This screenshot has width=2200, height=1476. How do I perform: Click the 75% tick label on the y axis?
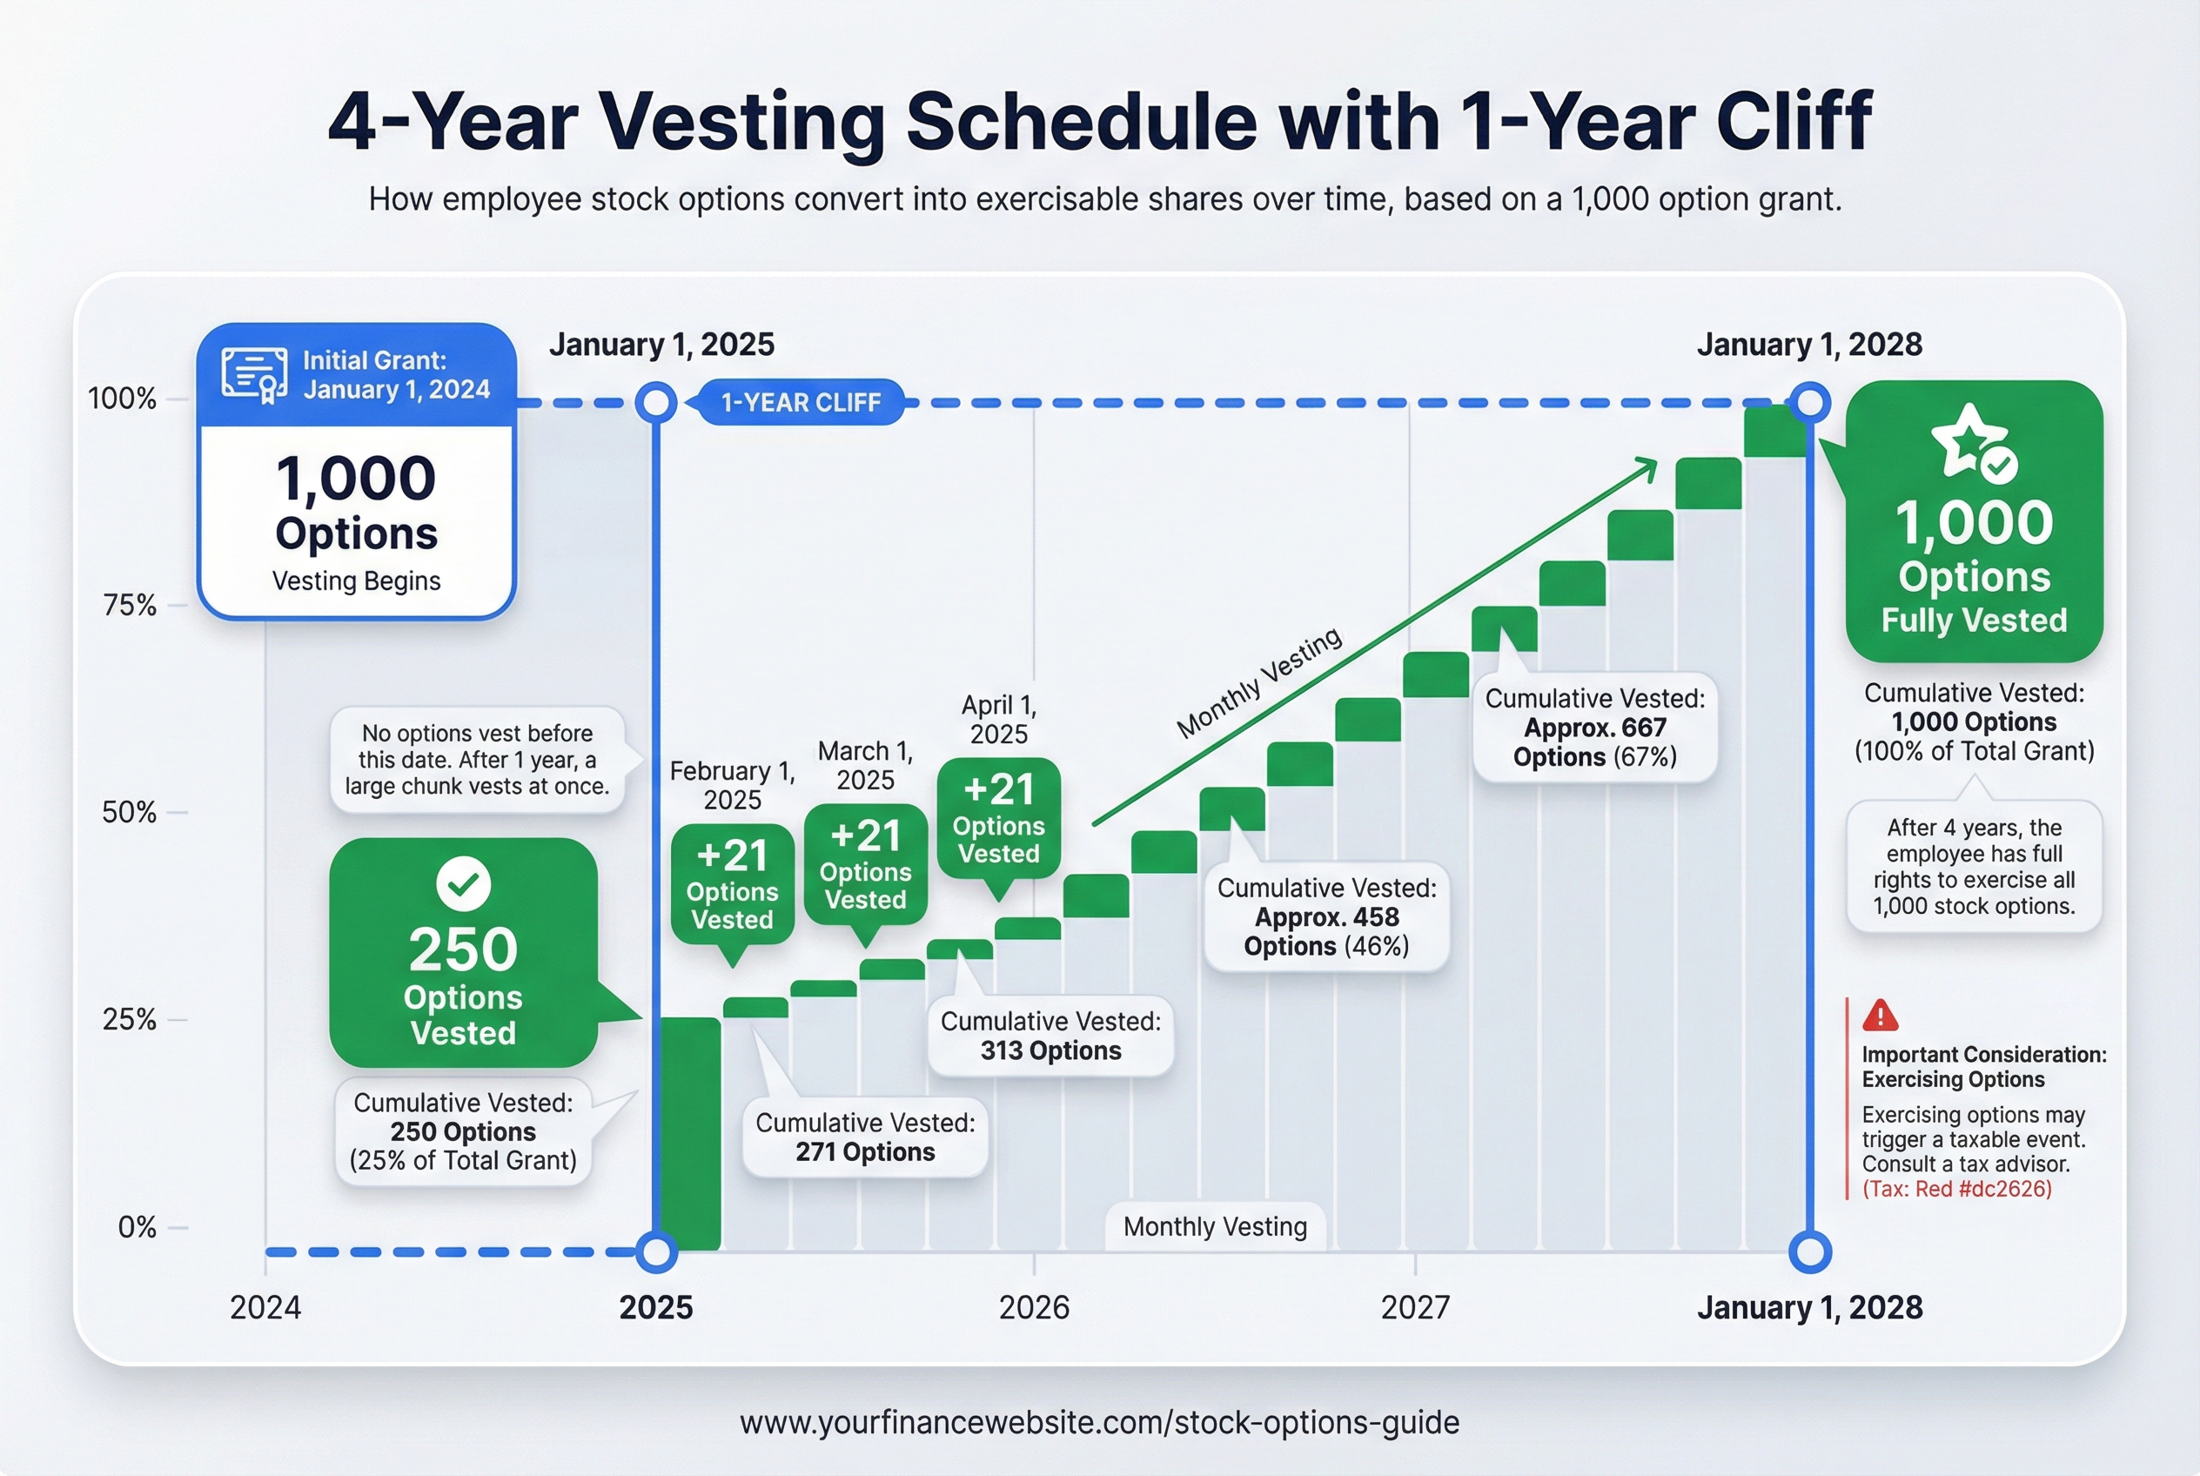(x=129, y=604)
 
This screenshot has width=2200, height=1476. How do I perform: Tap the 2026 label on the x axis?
(x=1034, y=1307)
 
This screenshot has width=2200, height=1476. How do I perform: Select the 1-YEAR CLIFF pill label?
(x=800, y=403)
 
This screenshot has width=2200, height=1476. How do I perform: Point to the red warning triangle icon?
(x=1880, y=1016)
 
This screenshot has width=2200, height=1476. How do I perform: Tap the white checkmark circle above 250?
(x=463, y=884)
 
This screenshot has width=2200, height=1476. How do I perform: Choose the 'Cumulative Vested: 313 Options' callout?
(x=1050, y=1036)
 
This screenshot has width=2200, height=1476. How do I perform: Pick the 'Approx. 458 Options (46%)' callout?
(x=1326, y=917)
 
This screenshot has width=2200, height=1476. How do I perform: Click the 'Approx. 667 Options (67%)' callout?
(x=1594, y=728)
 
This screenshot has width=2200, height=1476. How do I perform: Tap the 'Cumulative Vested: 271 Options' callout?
(x=865, y=1137)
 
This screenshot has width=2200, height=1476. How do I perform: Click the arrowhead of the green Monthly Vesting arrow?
(x=1647, y=465)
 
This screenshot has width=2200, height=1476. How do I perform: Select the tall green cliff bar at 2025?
(x=690, y=1134)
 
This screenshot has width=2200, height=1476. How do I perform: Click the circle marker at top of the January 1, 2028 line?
(x=1809, y=403)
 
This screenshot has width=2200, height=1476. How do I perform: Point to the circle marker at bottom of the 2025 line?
(x=656, y=1252)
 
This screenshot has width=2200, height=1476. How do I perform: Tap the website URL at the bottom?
(x=1099, y=1422)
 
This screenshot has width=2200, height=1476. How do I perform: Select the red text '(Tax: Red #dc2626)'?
(x=1957, y=1189)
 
